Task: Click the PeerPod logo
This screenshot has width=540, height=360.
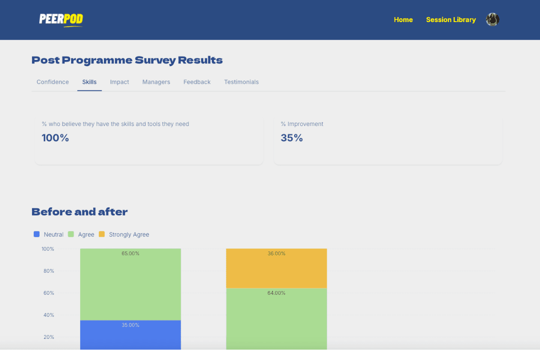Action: tap(61, 20)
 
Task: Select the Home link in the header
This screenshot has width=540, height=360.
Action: tap(403, 20)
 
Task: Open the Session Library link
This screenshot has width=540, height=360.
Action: tap(451, 20)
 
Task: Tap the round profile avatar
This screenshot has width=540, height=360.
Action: tap(492, 19)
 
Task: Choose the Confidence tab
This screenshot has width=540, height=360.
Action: tap(53, 82)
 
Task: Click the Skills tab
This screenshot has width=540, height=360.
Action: tap(89, 82)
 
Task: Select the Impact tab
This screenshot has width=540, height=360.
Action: tap(119, 82)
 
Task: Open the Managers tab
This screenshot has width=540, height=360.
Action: tap(156, 82)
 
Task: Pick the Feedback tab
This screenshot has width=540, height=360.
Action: tap(197, 82)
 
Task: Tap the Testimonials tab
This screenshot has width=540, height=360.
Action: tap(241, 82)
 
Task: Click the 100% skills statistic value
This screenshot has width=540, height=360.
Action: tap(55, 138)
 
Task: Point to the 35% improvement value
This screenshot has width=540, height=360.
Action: tap(292, 138)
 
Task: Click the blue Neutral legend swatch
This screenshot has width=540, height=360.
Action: tap(36, 234)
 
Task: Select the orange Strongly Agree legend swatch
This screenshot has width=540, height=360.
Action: tap(102, 234)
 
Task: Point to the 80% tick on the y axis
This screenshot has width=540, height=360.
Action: tap(49, 271)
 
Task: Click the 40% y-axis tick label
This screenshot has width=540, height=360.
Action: tap(49, 315)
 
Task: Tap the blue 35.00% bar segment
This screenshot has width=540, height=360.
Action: tap(130, 335)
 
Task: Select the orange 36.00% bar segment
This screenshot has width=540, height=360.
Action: tap(276, 268)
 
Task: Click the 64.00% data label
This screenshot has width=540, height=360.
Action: tap(276, 293)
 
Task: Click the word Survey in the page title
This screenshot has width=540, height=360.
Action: tap(155, 60)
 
